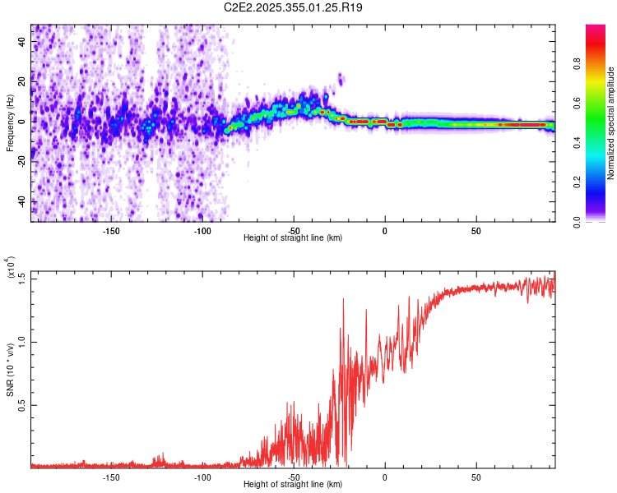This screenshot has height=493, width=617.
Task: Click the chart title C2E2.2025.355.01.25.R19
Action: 294,7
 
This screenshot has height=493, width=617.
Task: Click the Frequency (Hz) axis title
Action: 10,122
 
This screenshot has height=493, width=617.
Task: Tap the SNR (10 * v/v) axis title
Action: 10,369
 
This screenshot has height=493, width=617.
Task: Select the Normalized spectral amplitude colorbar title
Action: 611,123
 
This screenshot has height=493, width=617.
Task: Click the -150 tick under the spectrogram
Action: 111,230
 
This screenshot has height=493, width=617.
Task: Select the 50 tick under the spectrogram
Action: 476,230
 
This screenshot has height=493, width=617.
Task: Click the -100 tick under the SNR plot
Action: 202,477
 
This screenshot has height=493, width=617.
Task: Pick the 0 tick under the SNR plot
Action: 385,477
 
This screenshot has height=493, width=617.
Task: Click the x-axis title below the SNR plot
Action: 293,485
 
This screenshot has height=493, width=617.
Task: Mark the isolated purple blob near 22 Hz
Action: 341,79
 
